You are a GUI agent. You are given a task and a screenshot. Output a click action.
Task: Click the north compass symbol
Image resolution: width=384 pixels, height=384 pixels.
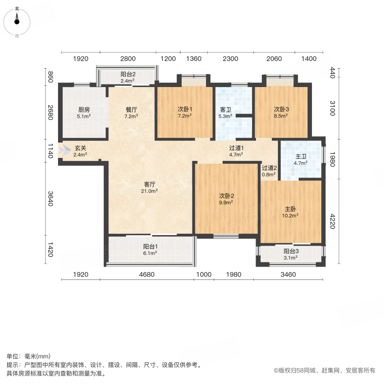[x=17, y=20]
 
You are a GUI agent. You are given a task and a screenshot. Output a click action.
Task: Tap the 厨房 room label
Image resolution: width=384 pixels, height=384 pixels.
[x=84, y=109]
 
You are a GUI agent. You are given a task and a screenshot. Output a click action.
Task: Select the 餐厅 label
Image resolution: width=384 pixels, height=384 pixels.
[x=131, y=109]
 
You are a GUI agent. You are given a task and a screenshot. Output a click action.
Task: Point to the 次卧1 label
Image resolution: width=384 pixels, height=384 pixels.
[x=184, y=109]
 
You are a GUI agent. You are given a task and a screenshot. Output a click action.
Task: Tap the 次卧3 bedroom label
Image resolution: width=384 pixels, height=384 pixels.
[x=280, y=109]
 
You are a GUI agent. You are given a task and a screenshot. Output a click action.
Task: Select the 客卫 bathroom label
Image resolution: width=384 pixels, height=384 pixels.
[x=225, y=110]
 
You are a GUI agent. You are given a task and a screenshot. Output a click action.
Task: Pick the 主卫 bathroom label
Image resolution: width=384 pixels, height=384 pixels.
[x=301, y=157]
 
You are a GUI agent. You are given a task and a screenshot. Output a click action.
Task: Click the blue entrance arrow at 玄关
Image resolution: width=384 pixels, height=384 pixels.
[x=64, y=150]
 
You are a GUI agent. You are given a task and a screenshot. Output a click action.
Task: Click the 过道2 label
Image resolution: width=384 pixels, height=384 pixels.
[x=269, y=168]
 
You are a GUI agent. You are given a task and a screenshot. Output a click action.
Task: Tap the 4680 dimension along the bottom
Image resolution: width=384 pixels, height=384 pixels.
[x=146, y=275]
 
